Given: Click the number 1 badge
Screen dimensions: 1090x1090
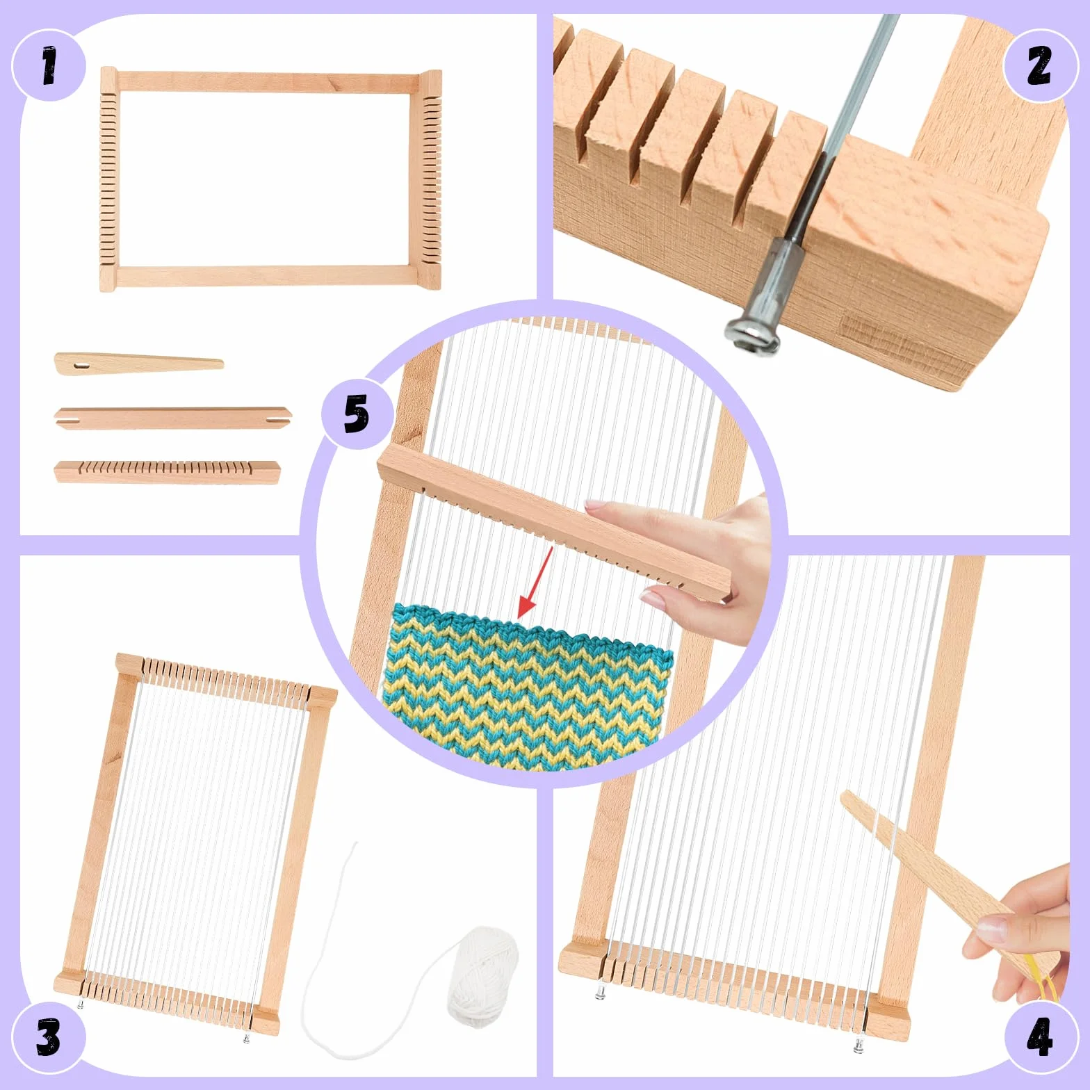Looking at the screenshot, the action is pos(49,66).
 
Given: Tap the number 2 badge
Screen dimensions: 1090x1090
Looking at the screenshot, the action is pos(1040,66).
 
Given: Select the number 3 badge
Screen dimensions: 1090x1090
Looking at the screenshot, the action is pos(49,1039).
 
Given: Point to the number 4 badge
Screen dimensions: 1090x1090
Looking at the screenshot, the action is pos(1040,1039).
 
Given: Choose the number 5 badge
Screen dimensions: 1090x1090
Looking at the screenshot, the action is pos(357,414).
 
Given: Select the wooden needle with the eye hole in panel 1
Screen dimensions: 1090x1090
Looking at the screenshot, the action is pos(139,364).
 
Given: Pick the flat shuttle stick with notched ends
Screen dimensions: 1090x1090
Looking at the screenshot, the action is pos(173,418).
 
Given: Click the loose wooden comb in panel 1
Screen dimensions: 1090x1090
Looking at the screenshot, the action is pos(167,472).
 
